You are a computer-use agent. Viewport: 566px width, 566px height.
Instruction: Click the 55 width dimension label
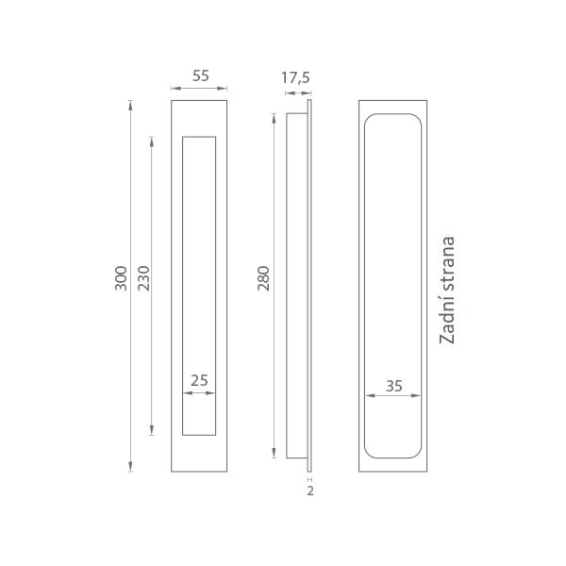coord(200,75)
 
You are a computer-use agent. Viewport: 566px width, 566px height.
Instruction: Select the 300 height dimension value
coord(122,278)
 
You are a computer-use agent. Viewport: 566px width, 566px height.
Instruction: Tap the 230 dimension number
coord(143,278)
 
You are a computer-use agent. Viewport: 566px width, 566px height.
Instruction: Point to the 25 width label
coord(199,380)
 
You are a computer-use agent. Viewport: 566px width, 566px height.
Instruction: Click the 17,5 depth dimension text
coord(295,77)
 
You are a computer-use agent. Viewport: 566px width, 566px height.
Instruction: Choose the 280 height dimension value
coord(263,278)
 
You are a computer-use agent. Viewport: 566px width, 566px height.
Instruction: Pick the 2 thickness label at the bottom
coord(310,491)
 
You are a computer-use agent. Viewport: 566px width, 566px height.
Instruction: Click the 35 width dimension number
coord(393,386)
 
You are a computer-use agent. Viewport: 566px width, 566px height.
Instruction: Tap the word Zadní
coord(447,323)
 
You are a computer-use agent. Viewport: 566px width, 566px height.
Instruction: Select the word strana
coord(447,267)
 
